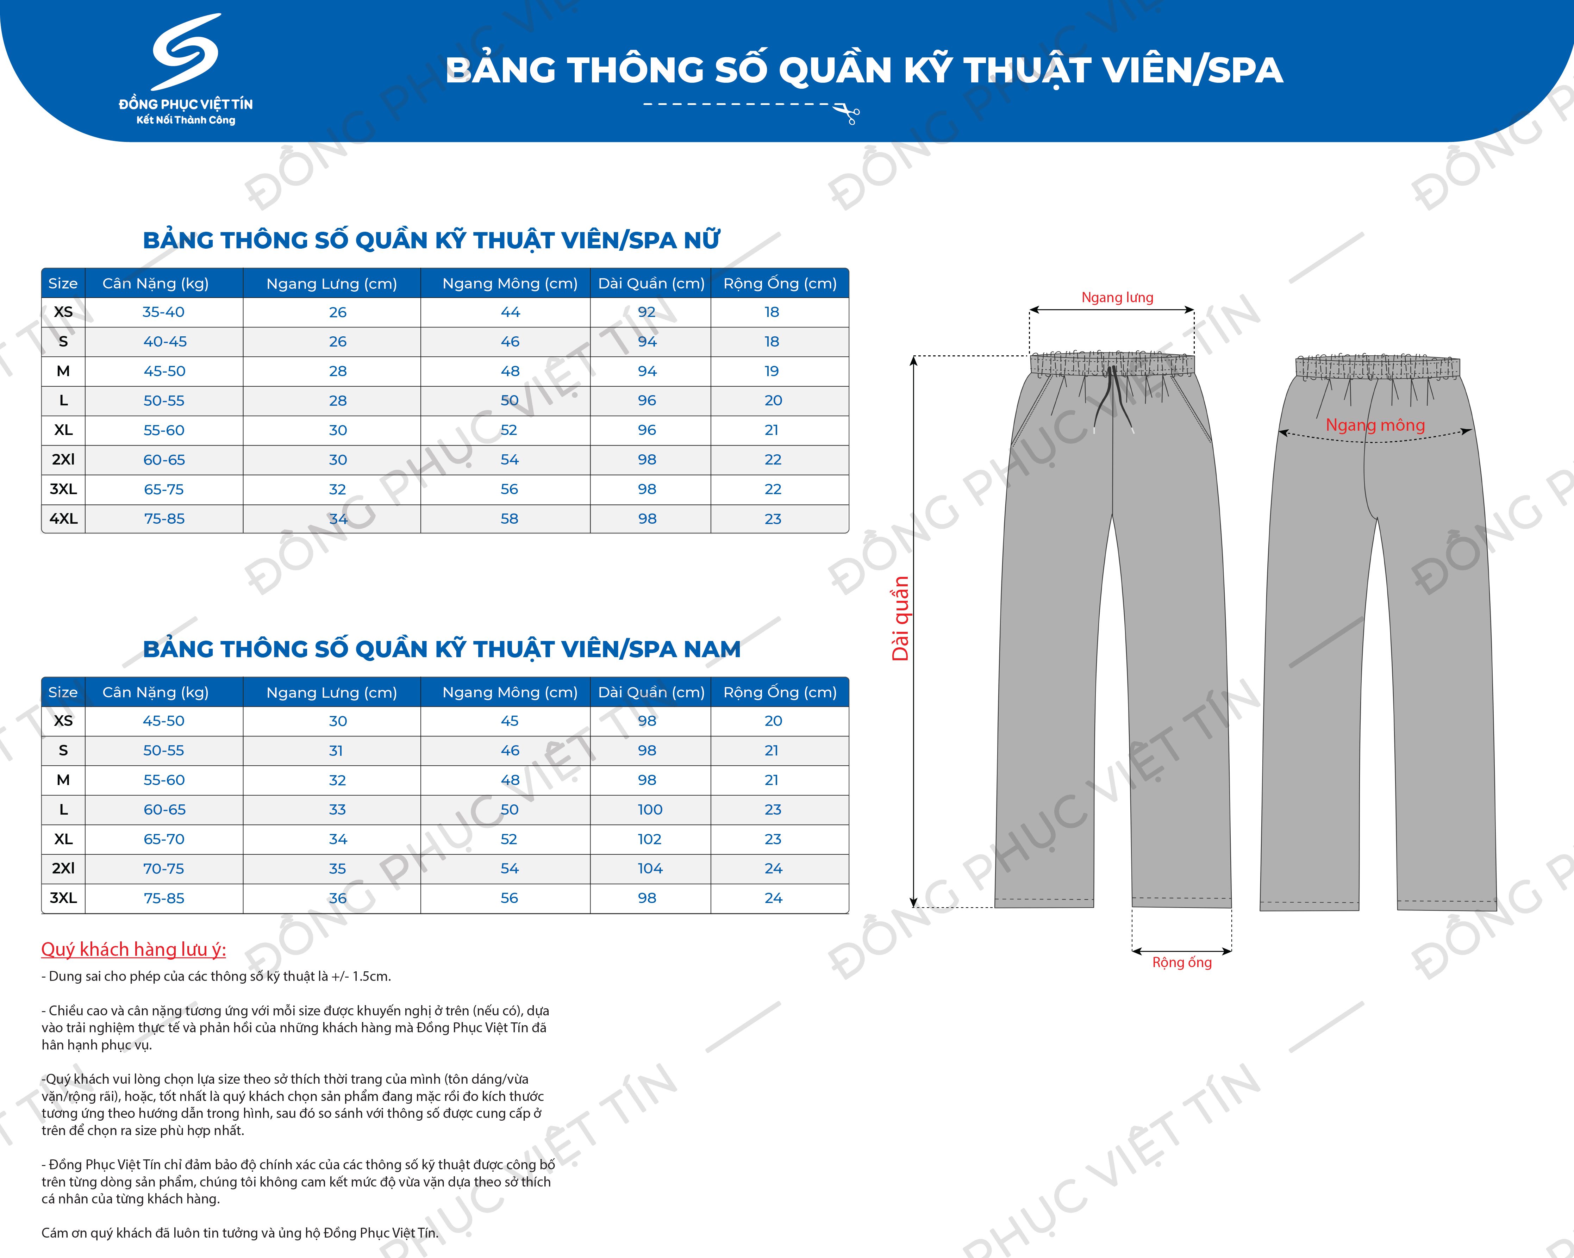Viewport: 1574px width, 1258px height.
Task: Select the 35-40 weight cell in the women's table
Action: point(163,312)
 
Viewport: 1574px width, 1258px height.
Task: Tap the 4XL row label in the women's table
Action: point(63,518)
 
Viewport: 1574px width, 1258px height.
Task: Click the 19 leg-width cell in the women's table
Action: point(772,371)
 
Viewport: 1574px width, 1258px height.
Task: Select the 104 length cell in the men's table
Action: point(650,868)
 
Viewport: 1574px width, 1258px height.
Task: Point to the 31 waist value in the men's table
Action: point(336,751)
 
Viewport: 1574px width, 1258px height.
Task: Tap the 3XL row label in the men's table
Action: point(63,898)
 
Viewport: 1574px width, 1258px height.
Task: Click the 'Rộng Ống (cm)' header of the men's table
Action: point(780,692)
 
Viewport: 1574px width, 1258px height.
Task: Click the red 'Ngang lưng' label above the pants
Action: point(1117,297)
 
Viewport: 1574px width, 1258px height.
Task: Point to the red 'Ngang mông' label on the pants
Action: point(1375,425)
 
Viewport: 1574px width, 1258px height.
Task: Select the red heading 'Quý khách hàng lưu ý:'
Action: point(133,949)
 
